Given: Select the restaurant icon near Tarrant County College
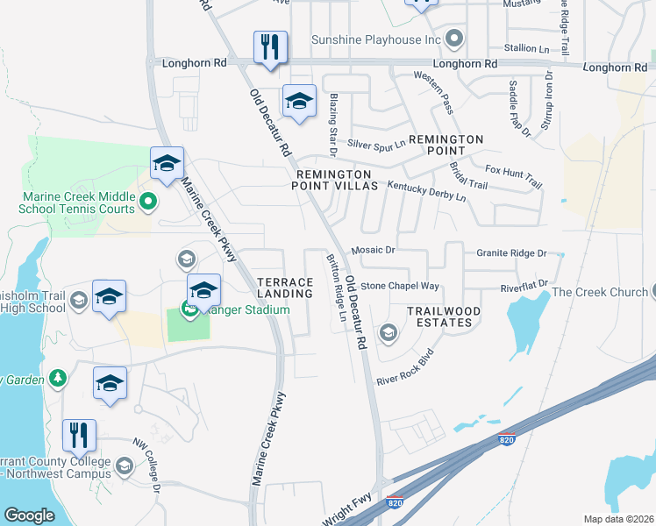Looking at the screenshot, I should (80, 436).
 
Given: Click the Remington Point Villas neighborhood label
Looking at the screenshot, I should (337, 180).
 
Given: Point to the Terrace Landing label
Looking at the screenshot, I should (285, 288).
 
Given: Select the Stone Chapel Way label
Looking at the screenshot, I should (400, 286).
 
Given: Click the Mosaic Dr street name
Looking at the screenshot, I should (374, 250).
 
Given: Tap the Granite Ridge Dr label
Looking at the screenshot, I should (511, 252).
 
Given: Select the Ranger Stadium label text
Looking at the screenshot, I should (233, 309).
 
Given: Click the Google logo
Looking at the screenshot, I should (29, 515).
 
